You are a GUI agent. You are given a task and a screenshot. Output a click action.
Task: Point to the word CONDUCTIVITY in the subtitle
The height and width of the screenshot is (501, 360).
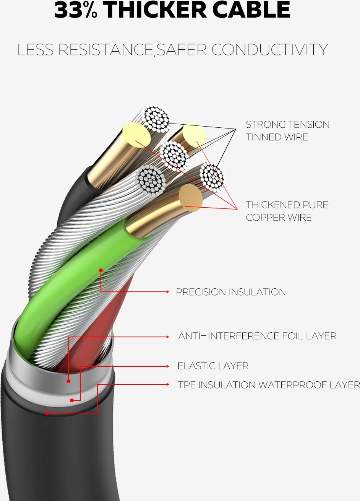click(x=269, y=50)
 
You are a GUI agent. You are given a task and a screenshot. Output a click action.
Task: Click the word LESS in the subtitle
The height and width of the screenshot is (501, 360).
click(x=35, y=50)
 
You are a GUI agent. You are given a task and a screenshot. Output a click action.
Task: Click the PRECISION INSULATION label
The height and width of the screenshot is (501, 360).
click(x=230, y=292)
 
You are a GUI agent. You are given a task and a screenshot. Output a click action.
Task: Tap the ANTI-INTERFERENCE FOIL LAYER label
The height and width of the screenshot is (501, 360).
click(x=257, y=336)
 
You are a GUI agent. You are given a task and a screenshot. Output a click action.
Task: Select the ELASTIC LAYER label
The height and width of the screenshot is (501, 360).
click(x=213, y=366)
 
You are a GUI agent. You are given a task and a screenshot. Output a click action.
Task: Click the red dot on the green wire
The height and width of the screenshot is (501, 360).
click(x=101, y=270)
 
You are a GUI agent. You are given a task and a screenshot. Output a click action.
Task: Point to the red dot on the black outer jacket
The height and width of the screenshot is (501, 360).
click(x=47, y=413)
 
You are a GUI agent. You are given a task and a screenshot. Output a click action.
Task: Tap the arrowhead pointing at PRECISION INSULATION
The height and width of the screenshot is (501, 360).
click(x=167, y=292)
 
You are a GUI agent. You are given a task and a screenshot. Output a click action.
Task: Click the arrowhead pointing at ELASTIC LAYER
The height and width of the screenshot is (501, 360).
click(x=167, y=366)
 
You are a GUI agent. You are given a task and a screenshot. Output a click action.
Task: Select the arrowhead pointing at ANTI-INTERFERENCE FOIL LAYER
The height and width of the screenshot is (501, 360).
click(x=167, y=337)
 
